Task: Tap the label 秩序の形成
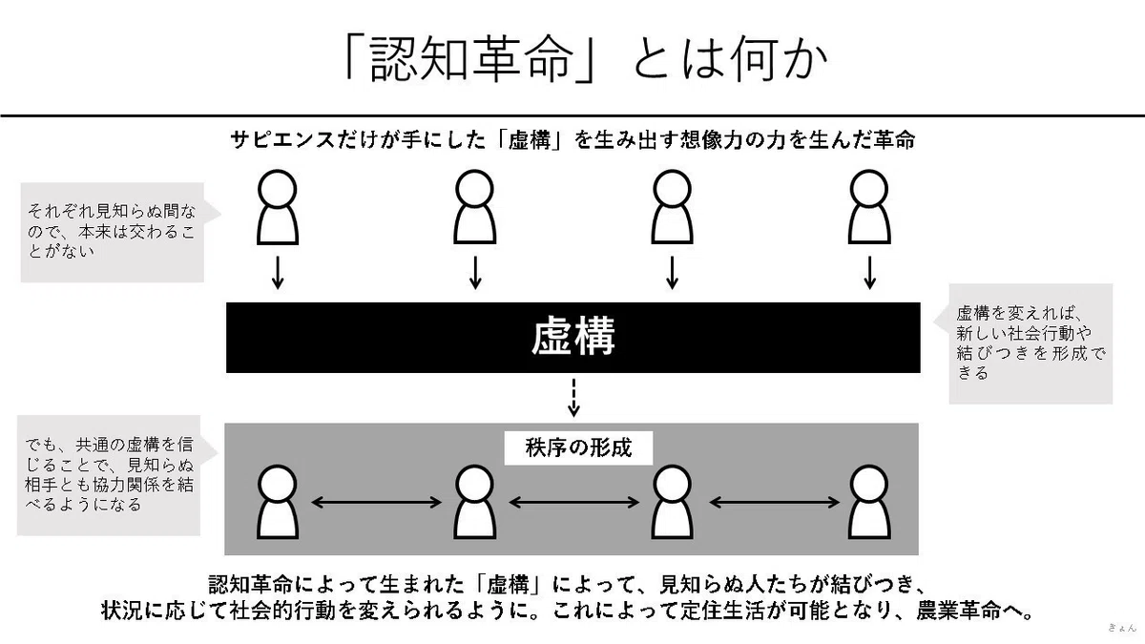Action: coord(578,447)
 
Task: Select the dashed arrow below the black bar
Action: coord(573,397)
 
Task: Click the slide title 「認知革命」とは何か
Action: coord(586,60)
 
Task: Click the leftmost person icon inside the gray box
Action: coord(278,502)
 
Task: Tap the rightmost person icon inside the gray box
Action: coord(869,502)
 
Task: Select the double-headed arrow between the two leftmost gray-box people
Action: coord(376,503)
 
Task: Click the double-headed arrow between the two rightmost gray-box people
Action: coord(775,503)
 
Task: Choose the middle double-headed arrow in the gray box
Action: coord(574,503)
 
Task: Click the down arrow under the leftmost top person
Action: coord(278,273)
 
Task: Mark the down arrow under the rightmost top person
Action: coord(869,273)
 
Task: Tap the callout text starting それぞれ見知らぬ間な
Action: coord(112,231)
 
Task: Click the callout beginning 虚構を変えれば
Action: coord(1030,343)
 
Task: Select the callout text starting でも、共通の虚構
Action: coord(110,475)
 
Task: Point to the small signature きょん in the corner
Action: coord(1122,628)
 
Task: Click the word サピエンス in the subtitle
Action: coord(282,140)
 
